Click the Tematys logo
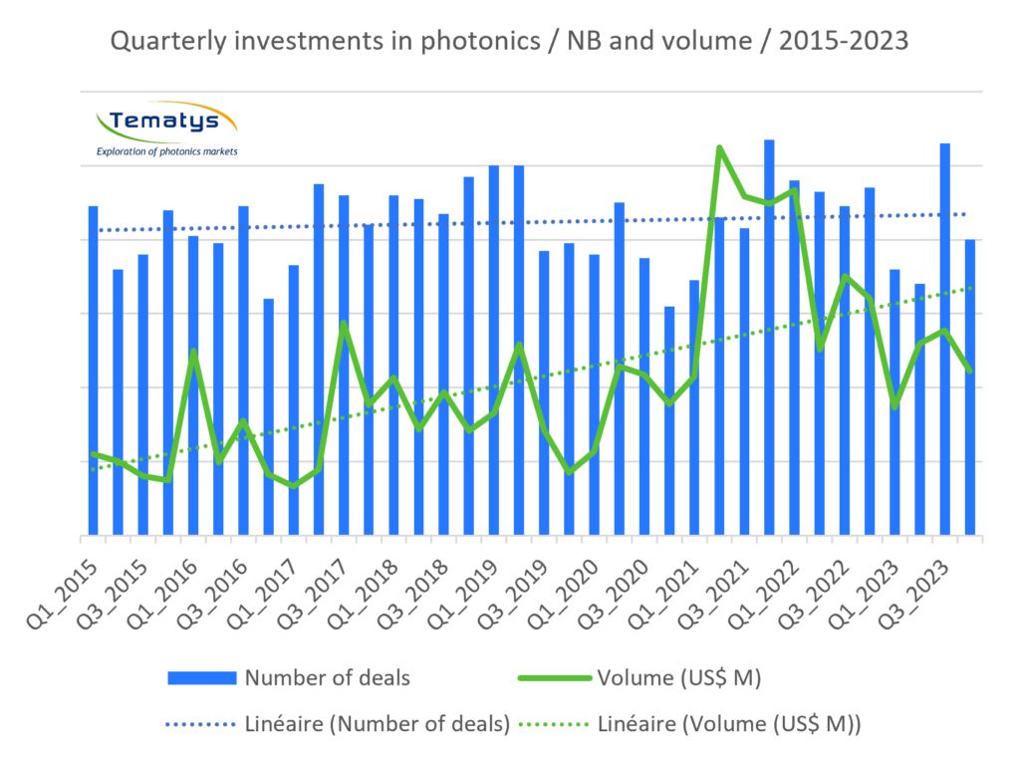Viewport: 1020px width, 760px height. [165, 128]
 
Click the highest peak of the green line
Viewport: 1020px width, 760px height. [719, 146]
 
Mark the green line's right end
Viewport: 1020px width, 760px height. [969, 371]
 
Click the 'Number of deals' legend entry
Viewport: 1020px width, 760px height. [326, 678]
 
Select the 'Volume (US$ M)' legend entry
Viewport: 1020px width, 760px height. [678, 678]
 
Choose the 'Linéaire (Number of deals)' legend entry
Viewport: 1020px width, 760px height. [376, 724]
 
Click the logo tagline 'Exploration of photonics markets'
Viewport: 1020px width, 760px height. [165, 151]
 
